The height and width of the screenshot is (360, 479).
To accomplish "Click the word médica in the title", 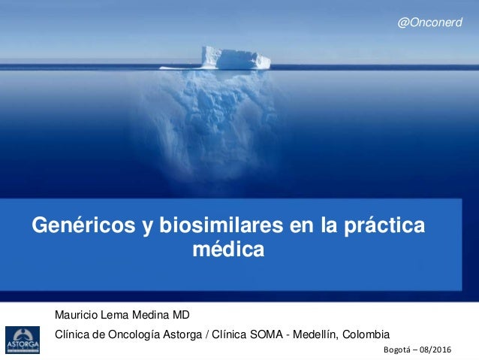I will pyautogui.click(x=229, y=249).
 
